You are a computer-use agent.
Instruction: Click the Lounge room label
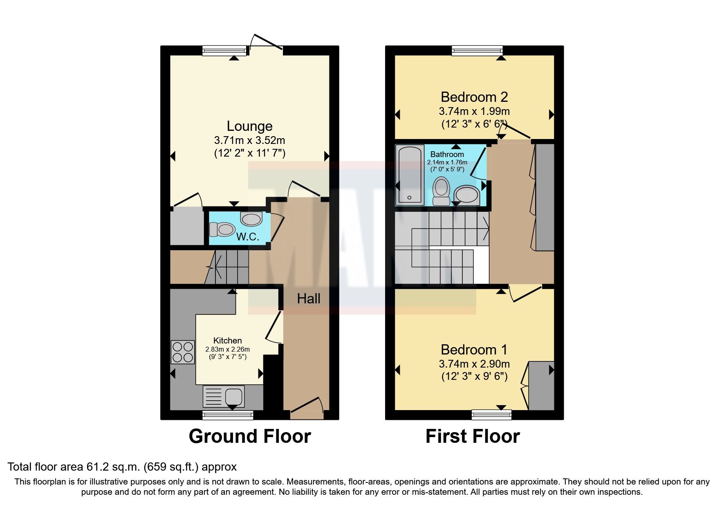(249, 126)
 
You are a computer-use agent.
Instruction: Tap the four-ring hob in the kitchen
(183, 352)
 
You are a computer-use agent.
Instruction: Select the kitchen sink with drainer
(224, 396)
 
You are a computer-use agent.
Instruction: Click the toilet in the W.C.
(221, 229)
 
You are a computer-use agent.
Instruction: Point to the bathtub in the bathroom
(410, 175)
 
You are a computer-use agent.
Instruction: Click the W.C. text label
(247, 237)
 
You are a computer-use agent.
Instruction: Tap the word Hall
(308, 299)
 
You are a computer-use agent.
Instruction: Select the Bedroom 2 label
(474, 97)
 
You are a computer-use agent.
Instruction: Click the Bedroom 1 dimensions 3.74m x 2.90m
(474, 363)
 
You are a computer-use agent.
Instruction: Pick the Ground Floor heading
(249, 436)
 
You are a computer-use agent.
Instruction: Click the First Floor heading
(473, 436)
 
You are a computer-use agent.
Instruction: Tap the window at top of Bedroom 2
(477, 50)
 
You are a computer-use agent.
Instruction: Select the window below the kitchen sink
(228, 415)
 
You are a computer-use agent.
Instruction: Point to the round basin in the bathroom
(466, 195)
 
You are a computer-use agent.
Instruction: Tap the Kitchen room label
(227, 341)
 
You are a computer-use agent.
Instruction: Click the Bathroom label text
(447, 154)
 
